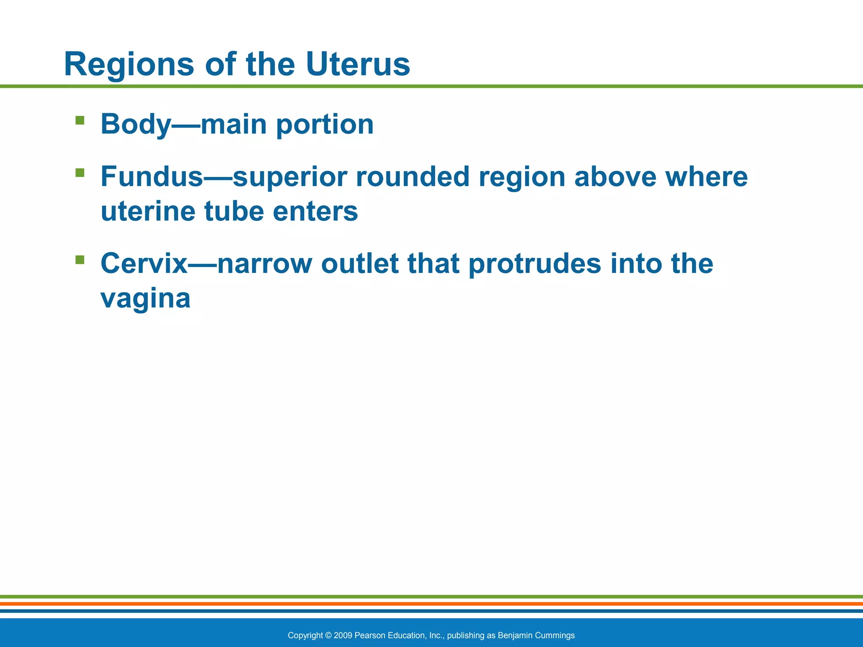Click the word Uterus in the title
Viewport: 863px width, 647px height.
tap(357, 64)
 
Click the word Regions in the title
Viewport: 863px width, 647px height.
tap(129, 64)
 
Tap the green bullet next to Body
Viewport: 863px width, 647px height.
tap(80, 121)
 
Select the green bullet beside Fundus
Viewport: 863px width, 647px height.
tap(80, 173)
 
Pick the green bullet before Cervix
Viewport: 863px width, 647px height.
tap(80, 259)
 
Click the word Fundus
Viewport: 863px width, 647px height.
tap(152, 176)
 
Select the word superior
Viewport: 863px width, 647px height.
tap(289, 177)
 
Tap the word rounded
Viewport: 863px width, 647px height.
tap(413, 176)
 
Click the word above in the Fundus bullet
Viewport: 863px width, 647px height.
tap(615, 176)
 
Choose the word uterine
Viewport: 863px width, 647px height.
tap(148, 211)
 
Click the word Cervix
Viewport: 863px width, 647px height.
tap(144, 264)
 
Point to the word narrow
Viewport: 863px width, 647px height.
tap(264, 264)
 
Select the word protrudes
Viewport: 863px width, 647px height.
tap(535, 265)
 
